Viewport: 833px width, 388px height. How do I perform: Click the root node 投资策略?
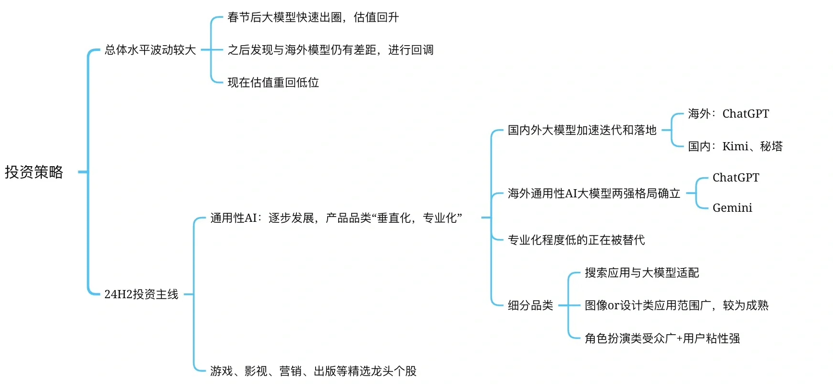tap(34, 172)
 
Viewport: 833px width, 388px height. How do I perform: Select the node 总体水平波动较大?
tap(150, 50)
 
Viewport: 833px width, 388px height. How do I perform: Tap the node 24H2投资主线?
tap(141, 294)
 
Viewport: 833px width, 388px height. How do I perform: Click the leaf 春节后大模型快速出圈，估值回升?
tap(313, 18)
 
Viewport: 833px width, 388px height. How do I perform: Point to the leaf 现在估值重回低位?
tap(273, 83)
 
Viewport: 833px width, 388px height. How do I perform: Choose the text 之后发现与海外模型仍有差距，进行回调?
tap(331, 50)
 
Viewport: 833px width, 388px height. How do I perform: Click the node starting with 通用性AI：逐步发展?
tap(336, 218)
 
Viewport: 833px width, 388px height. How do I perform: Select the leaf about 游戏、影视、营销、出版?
tap(313, 371)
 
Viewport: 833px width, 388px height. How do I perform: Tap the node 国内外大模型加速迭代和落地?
tap(582, 130)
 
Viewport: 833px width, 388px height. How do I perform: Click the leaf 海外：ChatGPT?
tap(728, 114)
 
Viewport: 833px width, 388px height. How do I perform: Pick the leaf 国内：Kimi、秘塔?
tap(735, 146)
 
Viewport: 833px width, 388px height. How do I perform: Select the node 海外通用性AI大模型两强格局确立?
tap(594, 194)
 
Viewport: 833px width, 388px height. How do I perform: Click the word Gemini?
tap(732, 208)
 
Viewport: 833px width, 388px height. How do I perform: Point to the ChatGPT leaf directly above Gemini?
tap(735, 178)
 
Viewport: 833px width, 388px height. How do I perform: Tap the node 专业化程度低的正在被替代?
tap(576, 240)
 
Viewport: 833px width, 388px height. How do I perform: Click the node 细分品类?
tap(530, 305)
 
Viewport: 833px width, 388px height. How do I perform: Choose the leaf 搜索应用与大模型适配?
tap(642, 273)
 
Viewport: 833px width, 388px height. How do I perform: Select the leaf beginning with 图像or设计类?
tap(676, 305)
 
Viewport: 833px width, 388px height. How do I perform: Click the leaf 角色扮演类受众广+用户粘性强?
tap(662, 339)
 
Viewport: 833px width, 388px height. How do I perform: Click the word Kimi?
tap(735, 146)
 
